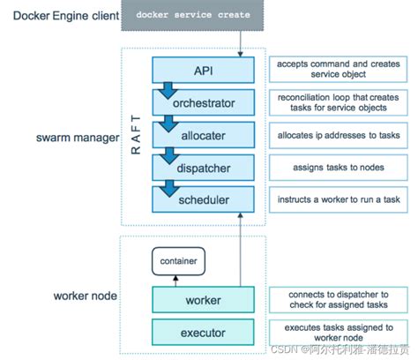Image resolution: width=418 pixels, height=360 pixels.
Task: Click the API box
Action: tap(204, 69)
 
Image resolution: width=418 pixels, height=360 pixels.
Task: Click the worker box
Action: tap(204, 300)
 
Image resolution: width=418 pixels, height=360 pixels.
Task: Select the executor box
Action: tap(204, 334)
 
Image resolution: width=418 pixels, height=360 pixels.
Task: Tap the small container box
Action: tap(178, 260)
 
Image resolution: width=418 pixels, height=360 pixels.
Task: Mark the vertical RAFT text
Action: tap(135, 138)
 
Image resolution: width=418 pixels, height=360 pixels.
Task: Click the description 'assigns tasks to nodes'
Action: tap(338, 168)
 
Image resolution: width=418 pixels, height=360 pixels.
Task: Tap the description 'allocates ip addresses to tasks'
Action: tap(338, 135)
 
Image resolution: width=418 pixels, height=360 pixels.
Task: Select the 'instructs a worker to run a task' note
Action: tap(338, 200)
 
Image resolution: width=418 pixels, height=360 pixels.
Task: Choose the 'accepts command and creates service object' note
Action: tap(338, 70)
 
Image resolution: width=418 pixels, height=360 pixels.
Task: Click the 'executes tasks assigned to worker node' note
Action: tap(338, 333)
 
